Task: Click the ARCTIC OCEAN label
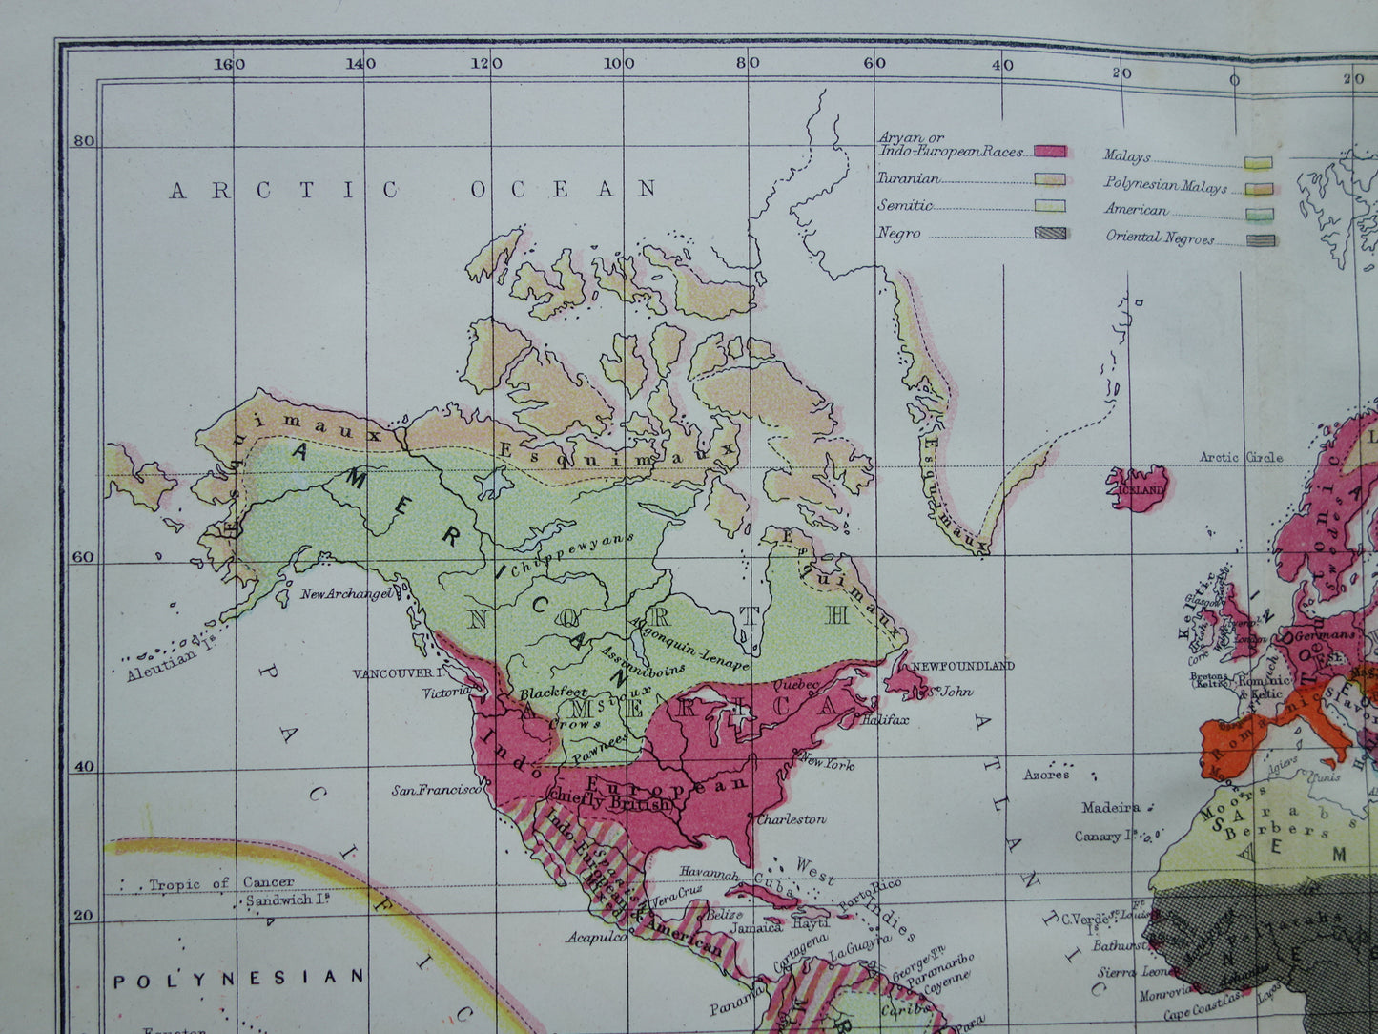point(412,189)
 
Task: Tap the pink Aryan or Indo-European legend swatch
point(1050,152)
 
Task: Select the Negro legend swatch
point(1050,233)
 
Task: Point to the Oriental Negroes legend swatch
point(1260,239)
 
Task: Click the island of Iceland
point(1140,488)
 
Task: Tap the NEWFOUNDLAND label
point(961,665)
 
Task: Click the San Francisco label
point(437,790)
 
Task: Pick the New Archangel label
point(346,594)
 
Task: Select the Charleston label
point(792,818)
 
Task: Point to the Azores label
point(1046,775)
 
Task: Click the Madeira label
point(1110,807)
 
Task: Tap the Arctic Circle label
point(1241,457)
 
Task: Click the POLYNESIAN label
point(238,978)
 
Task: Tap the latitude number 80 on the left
point(84,142)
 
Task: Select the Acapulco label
point(596,937)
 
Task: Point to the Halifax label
point(884,720)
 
